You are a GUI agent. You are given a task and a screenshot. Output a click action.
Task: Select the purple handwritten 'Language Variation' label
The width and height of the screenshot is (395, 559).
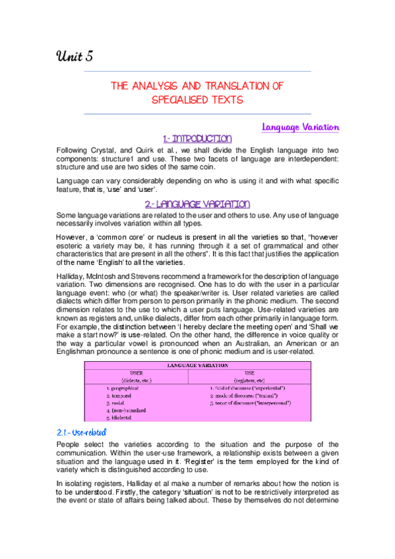tap(301, 127)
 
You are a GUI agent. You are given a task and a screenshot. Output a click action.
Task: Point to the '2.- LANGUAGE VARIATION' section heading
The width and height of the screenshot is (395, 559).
tap(197, 205)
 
